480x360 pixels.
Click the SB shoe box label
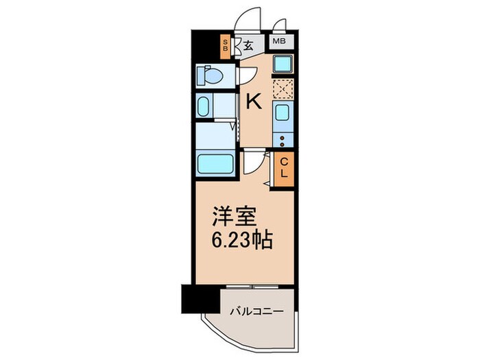point(224,47)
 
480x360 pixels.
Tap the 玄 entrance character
point(248,47)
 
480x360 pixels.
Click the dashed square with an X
point(283,89)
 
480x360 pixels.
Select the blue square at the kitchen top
point(283,65)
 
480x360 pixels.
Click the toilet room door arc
point(245,76)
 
